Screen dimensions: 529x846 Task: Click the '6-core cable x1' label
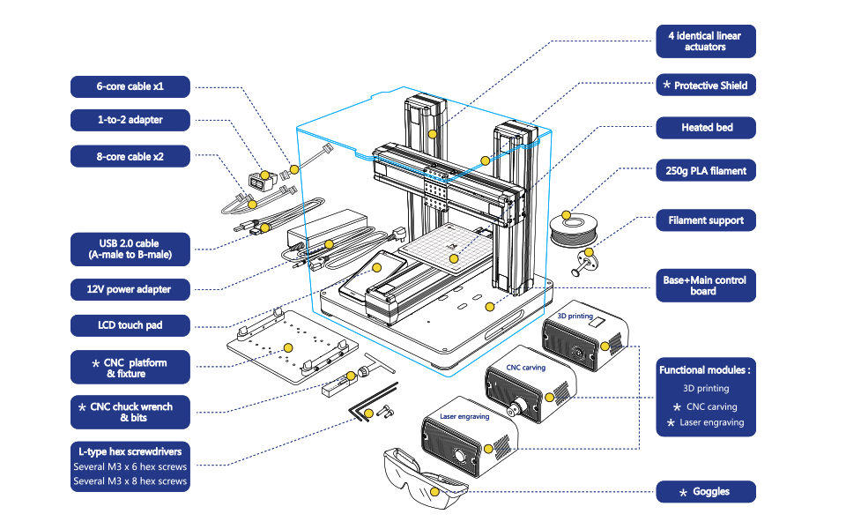coord(130,86)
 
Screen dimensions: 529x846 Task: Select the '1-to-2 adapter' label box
coord(130,120)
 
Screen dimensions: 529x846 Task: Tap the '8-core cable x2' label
coord(130,157)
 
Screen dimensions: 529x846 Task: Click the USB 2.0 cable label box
coord(130,250)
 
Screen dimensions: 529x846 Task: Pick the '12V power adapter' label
coord(130,289)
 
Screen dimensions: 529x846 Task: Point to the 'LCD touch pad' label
coord(130,325)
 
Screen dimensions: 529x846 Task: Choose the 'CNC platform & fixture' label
coord(130,368)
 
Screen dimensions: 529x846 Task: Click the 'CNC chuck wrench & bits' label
coord(130,412)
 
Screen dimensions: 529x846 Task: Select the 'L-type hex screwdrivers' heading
coord(130,451)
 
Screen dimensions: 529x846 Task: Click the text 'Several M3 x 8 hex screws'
coord(130,481)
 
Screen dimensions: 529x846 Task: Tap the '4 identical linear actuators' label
coord(705,41)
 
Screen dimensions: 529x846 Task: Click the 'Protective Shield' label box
coord(705,86)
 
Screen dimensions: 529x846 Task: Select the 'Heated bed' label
coord(705,128)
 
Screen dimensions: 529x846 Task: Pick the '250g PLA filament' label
coord(705,171)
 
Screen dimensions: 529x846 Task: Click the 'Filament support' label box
coord(705,220)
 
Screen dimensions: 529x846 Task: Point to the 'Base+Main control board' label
coord(705,286)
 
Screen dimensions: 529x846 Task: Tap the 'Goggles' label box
coord(705,492)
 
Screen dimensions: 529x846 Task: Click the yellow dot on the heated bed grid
coord(454,258)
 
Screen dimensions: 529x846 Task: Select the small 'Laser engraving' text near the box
coord(464,416)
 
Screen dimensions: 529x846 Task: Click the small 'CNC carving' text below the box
coord(525,368)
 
